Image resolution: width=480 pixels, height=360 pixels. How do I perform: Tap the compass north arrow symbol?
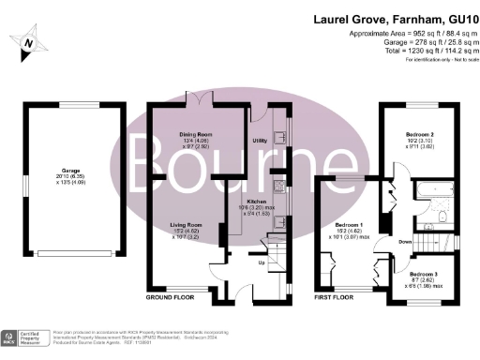(x=29, y=41)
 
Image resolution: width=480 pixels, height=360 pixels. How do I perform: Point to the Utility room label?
(x=261, y=141)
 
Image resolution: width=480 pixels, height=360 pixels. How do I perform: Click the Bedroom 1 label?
(x=350, y=225)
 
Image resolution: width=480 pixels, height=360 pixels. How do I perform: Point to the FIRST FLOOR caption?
(x=335, y=297)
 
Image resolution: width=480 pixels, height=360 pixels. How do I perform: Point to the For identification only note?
(x=440, y=59)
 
